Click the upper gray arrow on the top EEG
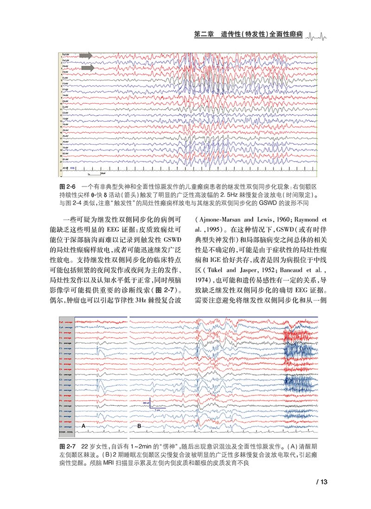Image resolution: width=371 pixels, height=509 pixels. pyautogui.click(x=86, y=55)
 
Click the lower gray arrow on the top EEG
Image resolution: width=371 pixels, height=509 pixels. pyautogui.click(x=87, y=69)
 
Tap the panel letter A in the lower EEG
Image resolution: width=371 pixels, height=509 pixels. pyautogui.click(x=83, y=425)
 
